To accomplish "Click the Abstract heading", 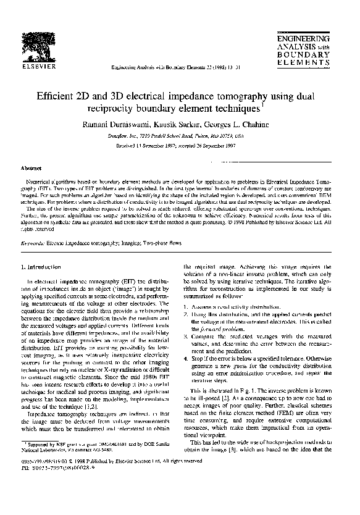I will [31, 167].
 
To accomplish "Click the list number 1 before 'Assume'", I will [187, 307].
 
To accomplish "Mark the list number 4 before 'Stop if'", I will [187, 358].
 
